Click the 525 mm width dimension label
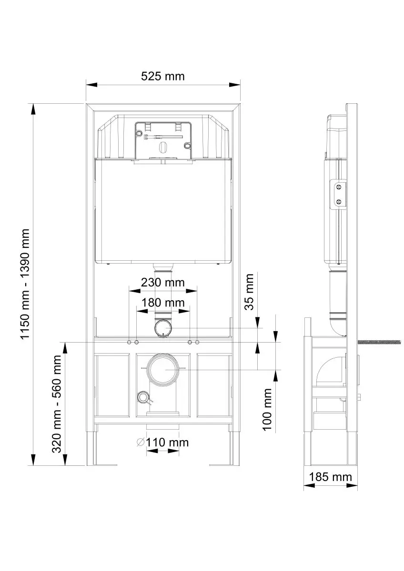point(162,76)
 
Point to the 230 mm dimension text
point(162,282)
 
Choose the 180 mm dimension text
point(162,302)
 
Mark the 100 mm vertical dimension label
point(268,409)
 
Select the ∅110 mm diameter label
point(162,443)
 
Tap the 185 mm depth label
point(330,476)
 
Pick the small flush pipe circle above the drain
point(163,328)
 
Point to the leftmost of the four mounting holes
point(129,342)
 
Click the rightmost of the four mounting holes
point(197,342)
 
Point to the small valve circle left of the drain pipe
point(142,396)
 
